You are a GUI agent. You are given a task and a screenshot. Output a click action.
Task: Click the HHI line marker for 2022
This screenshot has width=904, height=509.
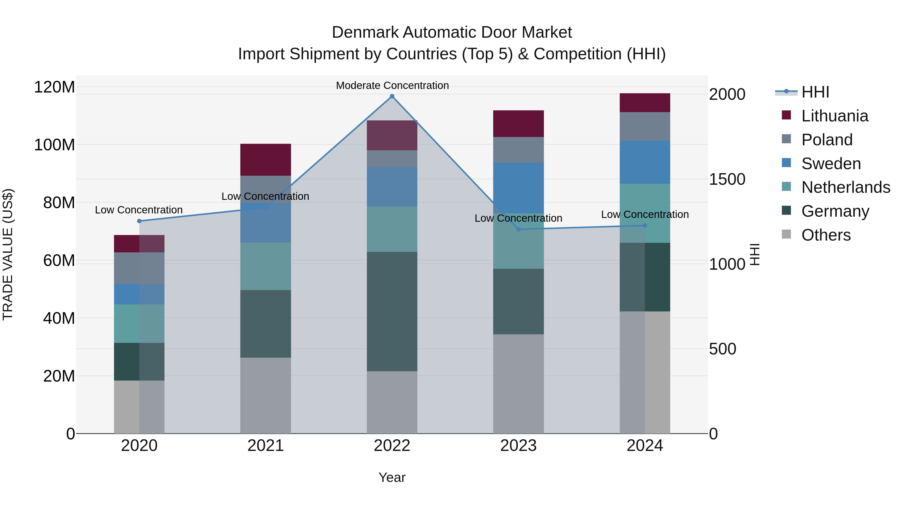pyautogui.click(x=392, y=96)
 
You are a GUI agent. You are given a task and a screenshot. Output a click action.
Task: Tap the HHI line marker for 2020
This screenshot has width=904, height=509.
pyautogui.click(x=139, y=221)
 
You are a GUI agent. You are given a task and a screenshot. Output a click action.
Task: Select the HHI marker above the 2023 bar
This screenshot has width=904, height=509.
pyautogui.click(x=518, y=229)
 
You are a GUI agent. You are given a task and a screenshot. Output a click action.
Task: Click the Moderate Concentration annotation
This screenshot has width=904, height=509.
pyautogui.click(x=392, y=85)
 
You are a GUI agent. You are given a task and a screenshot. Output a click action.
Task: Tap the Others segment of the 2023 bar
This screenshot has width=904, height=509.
pyautogui.click(x=518, y=384)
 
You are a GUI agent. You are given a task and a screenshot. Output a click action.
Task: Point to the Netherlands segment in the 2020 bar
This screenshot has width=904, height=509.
pyautogui.click(x=139, y=323)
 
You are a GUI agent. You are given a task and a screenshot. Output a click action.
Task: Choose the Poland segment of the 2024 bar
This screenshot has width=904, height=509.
pyautogui.click(x=645, y=126)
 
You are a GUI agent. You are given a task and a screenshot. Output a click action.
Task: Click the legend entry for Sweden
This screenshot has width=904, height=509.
pyautogui.click(x=831, y=163)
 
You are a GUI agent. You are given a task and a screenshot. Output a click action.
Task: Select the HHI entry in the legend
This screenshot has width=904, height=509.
pyautogui.click(x=815, y=92)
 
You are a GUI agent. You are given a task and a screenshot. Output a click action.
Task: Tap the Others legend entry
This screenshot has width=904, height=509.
pyautogui.click(x=826, y=235)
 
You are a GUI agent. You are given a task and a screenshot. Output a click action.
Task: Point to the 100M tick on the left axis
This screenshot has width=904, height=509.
pyautogui.click(x=54, y=145)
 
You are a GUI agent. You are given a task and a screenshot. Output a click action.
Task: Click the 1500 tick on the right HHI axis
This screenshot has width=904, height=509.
pyautogui.click(x=727, y=179)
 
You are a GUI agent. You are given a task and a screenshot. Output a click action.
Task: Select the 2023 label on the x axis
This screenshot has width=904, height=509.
pyautogui.click(x=518, y=446)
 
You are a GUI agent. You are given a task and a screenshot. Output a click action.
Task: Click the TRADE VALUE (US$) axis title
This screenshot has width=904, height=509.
pyautogui.click(x=8, y=254)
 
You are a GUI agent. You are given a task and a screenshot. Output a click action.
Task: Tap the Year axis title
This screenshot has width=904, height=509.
pyautogui.click(x=392, y=477)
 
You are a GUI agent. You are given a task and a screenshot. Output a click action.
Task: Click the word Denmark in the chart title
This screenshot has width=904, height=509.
pyautogui.click(x=365, y=32)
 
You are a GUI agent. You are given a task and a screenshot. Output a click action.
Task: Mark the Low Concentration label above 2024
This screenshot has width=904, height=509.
pyautogui.click(x=645, y=214)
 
